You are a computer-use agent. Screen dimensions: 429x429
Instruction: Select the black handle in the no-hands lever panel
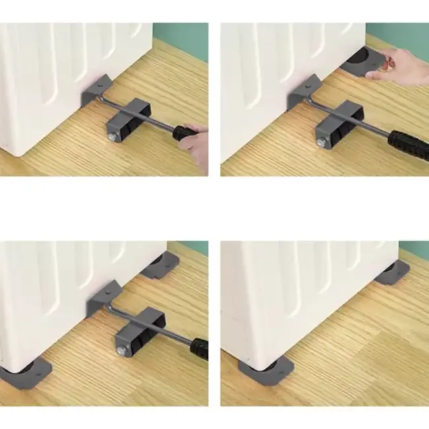(199, 348)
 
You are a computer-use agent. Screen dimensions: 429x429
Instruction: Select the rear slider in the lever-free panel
(393, 272)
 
